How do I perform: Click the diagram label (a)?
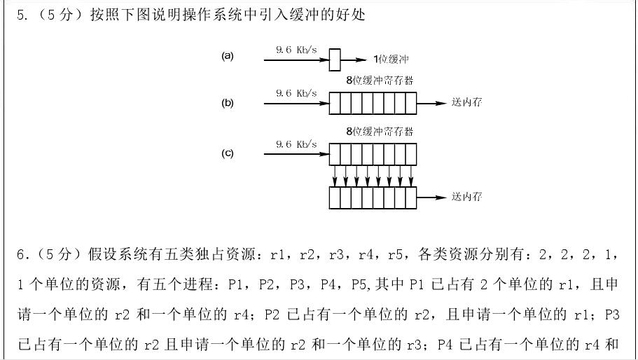click(x=227, y=56)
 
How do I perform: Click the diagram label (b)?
click(x=227, y=103)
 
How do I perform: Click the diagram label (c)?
click(x=227, y=153)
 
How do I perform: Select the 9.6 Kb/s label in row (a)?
click(x=296, y=50)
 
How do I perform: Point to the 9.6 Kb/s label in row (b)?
click(x=296, y=93)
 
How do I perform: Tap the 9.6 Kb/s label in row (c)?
click(x=296, y=144)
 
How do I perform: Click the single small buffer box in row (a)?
click(x=335, y=60)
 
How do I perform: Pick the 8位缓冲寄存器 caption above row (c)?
click(x=380, y=131)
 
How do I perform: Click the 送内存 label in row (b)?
click(x=466, y=103)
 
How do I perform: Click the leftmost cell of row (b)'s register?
click(x=335, y=104)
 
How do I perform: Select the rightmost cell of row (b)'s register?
click(x=410, y=104)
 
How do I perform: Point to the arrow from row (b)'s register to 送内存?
click(x=431, y=104)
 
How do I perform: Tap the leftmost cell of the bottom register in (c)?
click(x=335, y=198)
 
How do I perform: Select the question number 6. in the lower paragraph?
click(x=22, y=253)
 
